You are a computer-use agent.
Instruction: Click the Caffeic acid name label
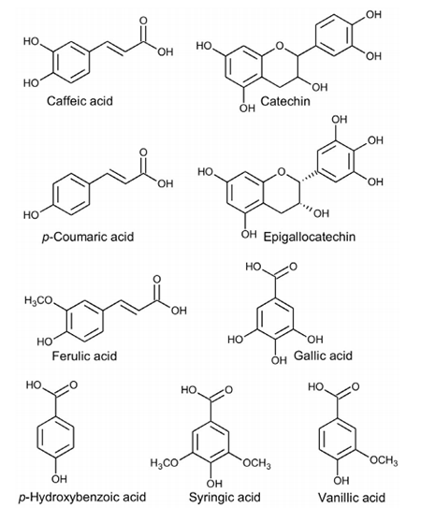point(80,101)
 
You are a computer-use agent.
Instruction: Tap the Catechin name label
point(285,101)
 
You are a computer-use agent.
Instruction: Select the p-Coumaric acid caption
point(88,237)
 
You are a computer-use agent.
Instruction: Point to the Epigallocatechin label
point(309,237)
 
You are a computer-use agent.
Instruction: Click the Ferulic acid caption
point(84,356)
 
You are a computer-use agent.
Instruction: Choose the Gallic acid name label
point(323,356)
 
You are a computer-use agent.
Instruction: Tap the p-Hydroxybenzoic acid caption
point(82,497)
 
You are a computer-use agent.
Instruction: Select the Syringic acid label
point(225,497)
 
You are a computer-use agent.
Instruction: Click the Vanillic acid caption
point(352,497)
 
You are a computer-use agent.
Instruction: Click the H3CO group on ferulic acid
point(38,301)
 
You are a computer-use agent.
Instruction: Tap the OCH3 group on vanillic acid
point(384,460)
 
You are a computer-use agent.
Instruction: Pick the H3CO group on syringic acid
point(165,463)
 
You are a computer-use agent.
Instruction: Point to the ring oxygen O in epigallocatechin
point(282,171)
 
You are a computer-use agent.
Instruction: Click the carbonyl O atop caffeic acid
point(143,21)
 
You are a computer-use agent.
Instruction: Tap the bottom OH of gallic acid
point(279,360)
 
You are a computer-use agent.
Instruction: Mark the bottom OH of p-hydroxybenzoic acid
point(59,478)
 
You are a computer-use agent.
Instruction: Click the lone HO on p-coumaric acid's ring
point(31,215)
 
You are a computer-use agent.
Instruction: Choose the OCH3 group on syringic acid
point(256,463)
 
